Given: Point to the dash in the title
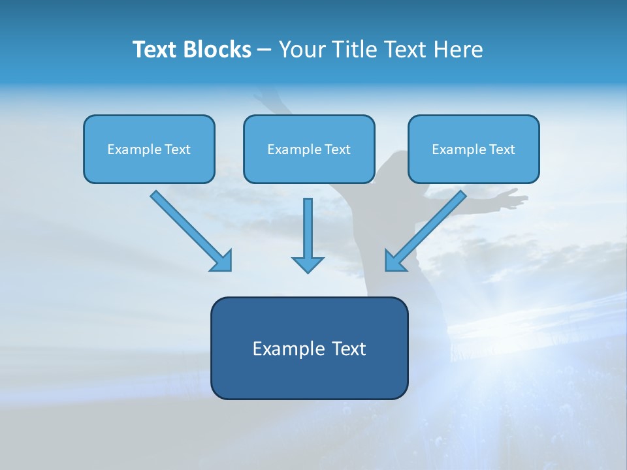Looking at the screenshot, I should click(265, 50).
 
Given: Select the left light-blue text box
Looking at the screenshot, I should click(149, 149).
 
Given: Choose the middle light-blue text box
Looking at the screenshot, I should click(309, 149).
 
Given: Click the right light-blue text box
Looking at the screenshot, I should click(474, 149).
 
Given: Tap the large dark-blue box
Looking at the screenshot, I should click(309, 348).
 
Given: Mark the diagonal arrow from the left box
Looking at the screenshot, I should click(191, 231).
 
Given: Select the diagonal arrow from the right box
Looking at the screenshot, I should click(425, 231).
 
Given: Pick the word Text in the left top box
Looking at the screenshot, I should click(177, 149).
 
